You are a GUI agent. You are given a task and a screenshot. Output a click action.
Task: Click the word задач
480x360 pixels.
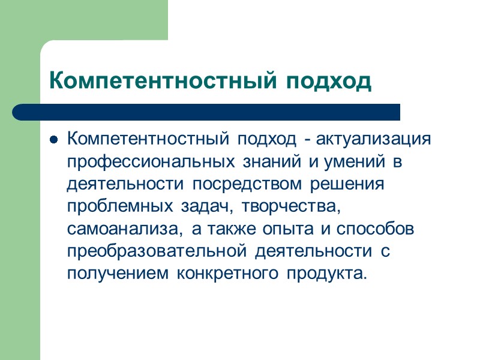(x=200, y=206)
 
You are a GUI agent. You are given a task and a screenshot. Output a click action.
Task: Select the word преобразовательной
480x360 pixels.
(x=158, y=251)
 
